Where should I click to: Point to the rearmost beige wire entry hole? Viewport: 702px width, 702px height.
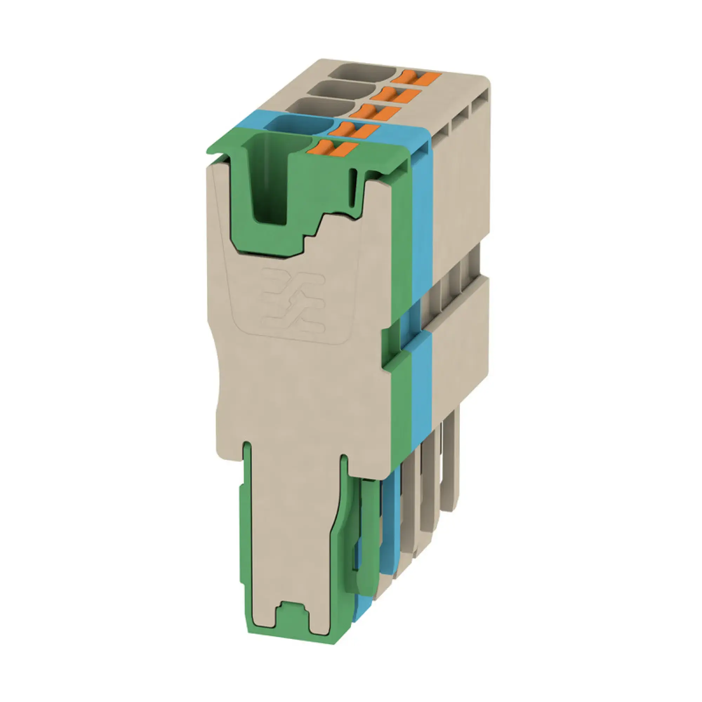point(362,72)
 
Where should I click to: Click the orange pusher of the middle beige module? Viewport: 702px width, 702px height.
point(396,95)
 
